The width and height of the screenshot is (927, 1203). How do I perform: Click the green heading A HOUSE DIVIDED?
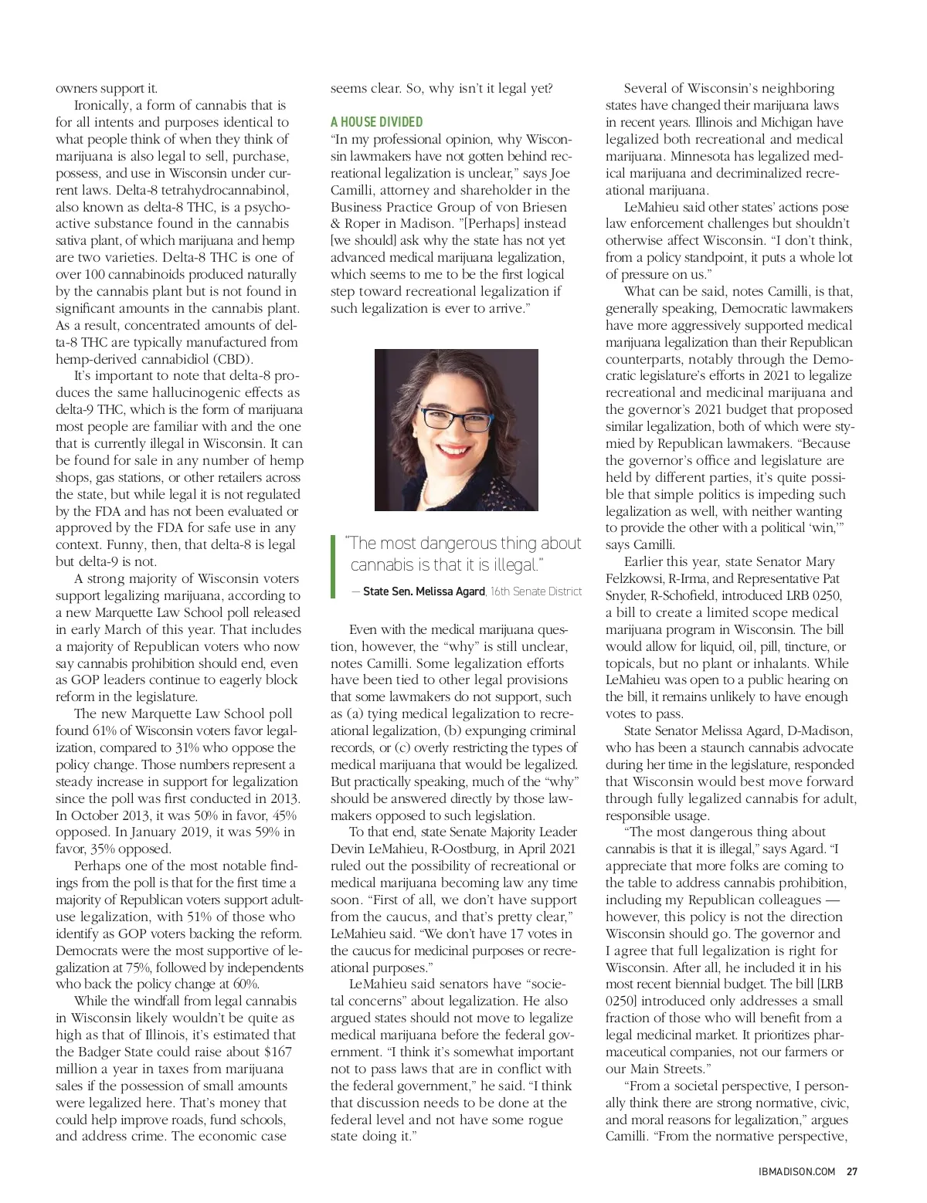pyautogui.click(x=376, y=122)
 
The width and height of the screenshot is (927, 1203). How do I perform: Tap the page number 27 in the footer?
pyautogui.click(x=852, y=1171)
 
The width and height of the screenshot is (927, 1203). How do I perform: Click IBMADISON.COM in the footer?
pyautogui.click(x=796, y=1171)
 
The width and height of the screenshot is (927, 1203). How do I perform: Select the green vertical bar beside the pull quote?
pyautogui.click(x=333, y=566)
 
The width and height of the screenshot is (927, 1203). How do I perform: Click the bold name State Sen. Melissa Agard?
pyautogui.click(x=423, y=591)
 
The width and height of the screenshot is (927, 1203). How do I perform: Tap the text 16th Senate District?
pyautogui.click(x=536, y=591)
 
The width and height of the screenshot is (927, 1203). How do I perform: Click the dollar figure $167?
pyautogui.click(x=277, y=1052)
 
